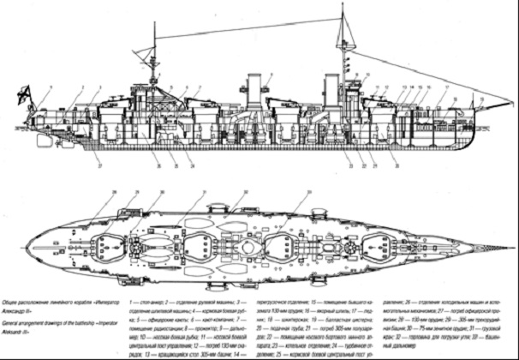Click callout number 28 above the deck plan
(x=113, y=192)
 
